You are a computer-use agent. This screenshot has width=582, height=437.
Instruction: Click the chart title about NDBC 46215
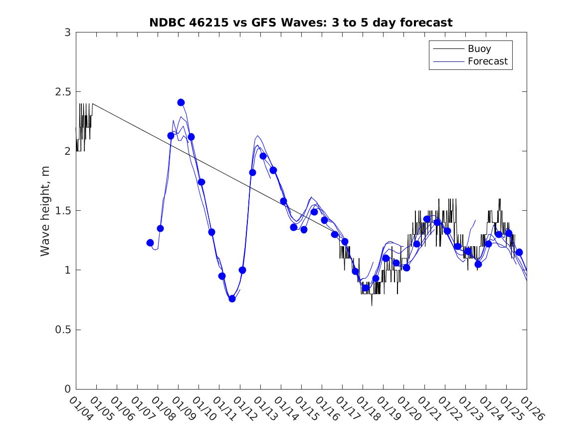point(301,22)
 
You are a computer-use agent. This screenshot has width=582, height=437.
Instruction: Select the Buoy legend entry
point(479,48)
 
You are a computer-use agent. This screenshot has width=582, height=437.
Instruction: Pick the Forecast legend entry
point(487,61)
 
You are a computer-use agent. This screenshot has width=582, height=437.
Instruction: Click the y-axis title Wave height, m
point(45,211)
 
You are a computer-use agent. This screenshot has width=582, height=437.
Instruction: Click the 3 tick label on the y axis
point(67,32)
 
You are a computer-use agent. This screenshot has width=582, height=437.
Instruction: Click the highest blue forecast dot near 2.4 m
point(181,102)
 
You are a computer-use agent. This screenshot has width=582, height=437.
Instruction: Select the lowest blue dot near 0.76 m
point(232,299)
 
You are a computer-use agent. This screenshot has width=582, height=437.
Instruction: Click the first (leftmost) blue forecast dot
point(150,243)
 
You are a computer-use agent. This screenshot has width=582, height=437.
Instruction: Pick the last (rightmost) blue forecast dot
point(519,252)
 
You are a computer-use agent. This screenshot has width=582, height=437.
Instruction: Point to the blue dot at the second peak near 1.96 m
point(263,156)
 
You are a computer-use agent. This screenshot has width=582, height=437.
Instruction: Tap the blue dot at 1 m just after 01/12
point(242,270)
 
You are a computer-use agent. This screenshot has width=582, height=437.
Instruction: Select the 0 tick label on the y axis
point(67,389)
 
